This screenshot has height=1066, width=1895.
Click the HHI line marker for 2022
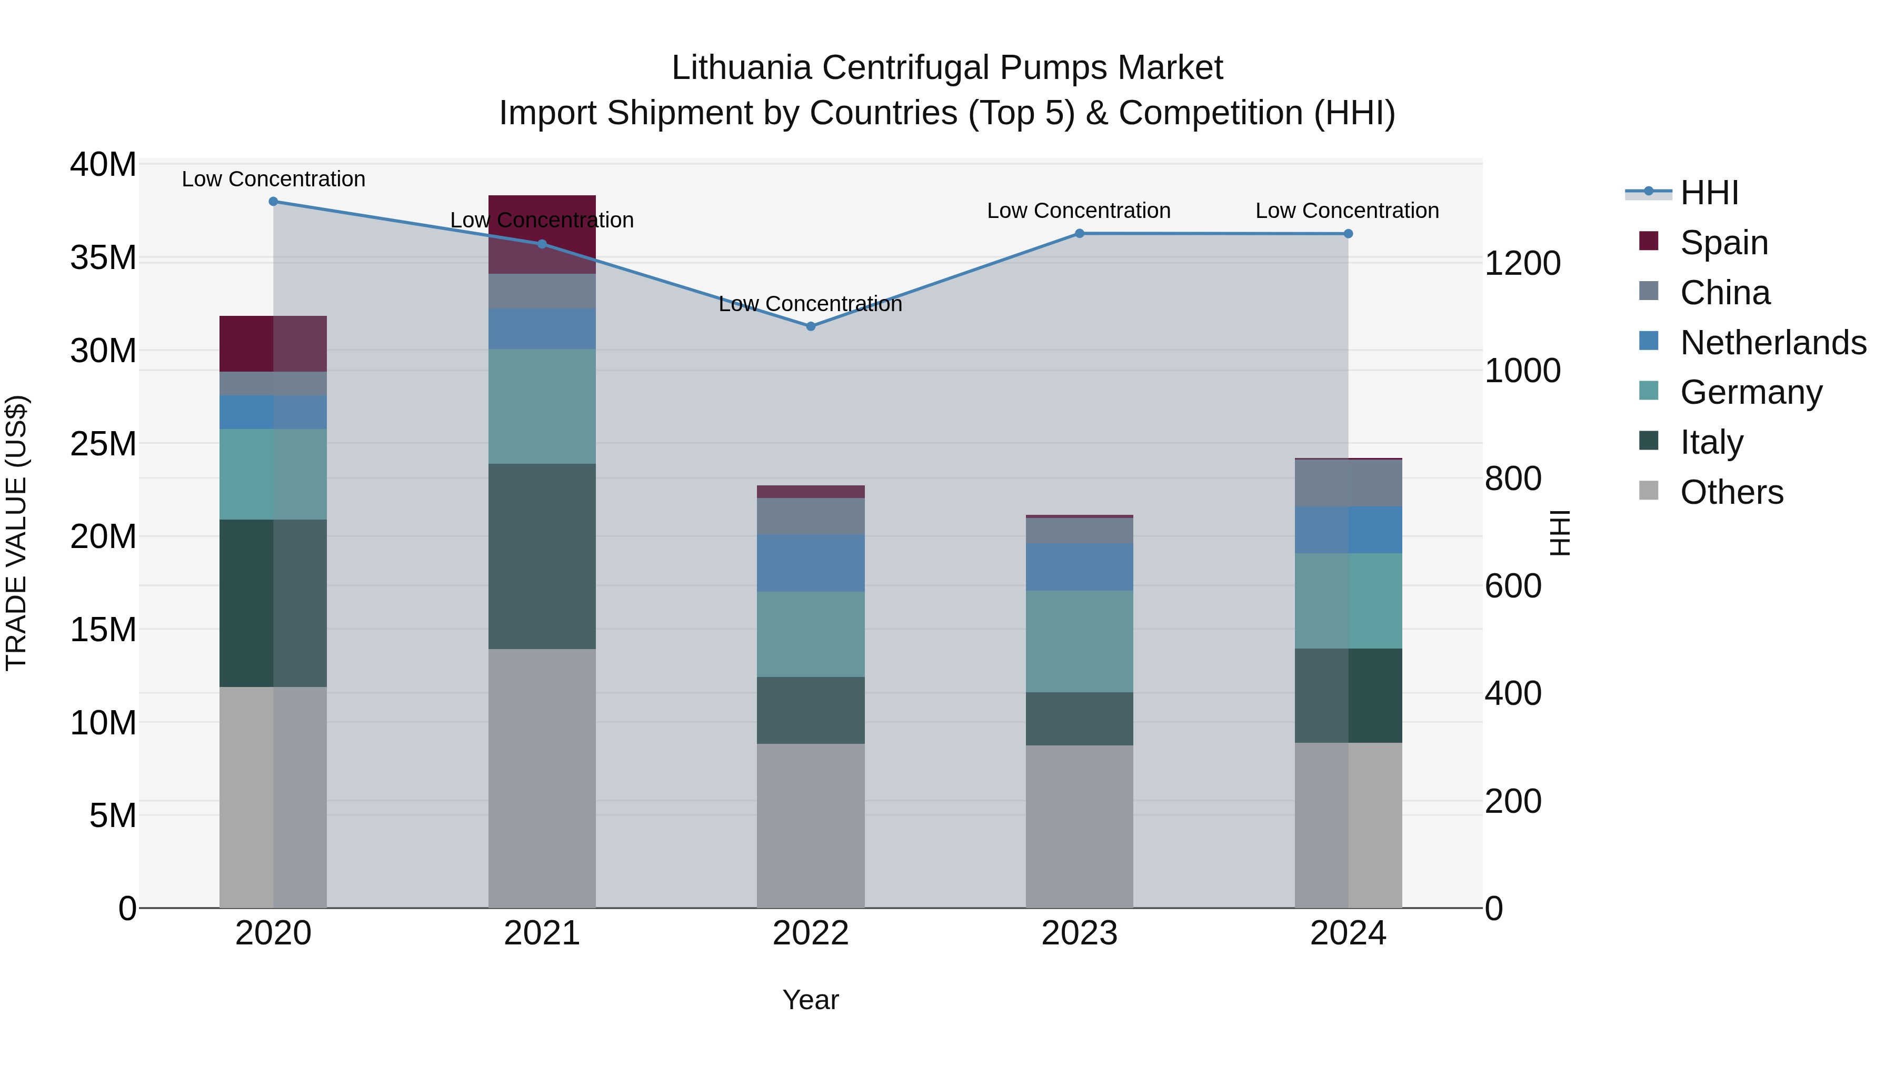pyautogui.click(x=811, y=326)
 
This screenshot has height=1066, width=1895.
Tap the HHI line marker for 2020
pyautogui.click(x=273, y=201)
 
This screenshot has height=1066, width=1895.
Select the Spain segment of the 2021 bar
pyautogui.click(x=542, y=234)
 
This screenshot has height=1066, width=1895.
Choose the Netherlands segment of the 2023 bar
pyautogui.click(x=1079, y=566)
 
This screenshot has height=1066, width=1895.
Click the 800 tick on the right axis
pyautogui.click(x=1512, y=478)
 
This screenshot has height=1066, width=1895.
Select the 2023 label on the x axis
pyautogui.click(x=1079, y=933)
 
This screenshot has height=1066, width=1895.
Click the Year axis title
pyautogui.click(x=811, y=1000)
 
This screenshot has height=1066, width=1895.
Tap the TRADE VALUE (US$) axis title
pyautogui.click(x=16, y=533)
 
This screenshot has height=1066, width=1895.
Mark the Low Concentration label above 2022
pyautogui.click(x=810, y=304)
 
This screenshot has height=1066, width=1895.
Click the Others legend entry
pyautogui.click(x=1731, y=492)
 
